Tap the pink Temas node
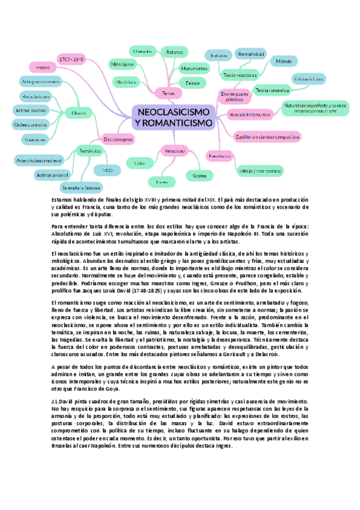click(x=164, y=93)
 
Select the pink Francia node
click(x=42, y=66)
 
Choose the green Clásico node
click(x=79, y=112)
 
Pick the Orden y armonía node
click(x=29, y=124)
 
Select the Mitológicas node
click(x=122, y=63)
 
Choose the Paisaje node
click(x=192, y=82)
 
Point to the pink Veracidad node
click(x=174, y=150)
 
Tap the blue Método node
click(x=284, y=61)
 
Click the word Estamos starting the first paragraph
click(x=61, y=198)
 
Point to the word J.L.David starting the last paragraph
click(x=64, y=400)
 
